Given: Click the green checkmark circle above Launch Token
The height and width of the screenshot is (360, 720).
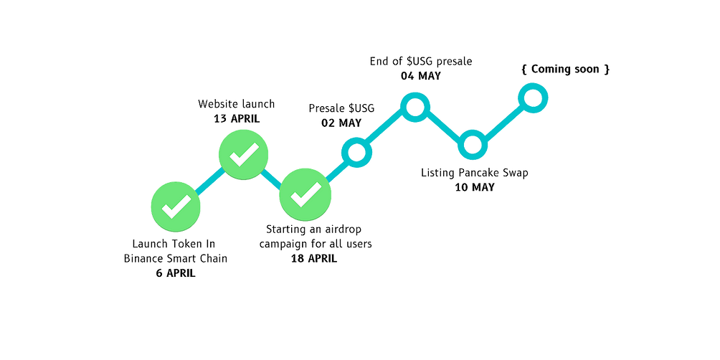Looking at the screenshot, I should (175, 207).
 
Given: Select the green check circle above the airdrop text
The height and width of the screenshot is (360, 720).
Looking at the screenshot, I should (305, 192).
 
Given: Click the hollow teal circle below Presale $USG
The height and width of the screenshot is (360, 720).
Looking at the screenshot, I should (357, 151).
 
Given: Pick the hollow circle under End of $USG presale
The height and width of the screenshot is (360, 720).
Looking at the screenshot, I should (415, 108).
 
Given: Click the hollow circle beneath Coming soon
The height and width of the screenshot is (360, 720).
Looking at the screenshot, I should (531, 98).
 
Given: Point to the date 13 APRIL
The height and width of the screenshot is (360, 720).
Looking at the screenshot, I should (237, 118).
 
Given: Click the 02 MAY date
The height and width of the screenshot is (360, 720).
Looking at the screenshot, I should (341, 123).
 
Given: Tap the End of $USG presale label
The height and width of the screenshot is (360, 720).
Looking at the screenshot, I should (420, 62).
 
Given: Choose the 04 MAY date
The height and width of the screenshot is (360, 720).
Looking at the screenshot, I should (420, 75).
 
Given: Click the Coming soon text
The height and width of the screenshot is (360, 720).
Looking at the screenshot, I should (566, 70).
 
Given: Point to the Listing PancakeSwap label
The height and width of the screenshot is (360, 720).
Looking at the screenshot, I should (476, 173).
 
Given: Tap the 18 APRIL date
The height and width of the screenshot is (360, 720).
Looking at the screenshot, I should (313, 257).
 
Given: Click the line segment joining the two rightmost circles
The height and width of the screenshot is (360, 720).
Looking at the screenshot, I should (502, 121).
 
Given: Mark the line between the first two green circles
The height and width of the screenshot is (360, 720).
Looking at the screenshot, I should (209, 181).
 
